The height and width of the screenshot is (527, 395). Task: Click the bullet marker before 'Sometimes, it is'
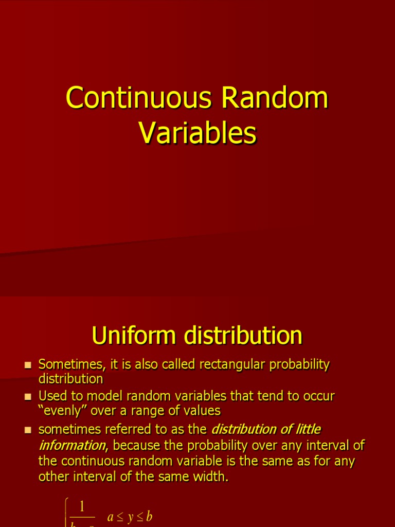[28, 365]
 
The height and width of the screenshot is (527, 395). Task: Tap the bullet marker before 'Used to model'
[28, 397]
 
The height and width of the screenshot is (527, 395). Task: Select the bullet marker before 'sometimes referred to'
[28, 430]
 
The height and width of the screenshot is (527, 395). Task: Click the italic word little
[304, 429]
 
